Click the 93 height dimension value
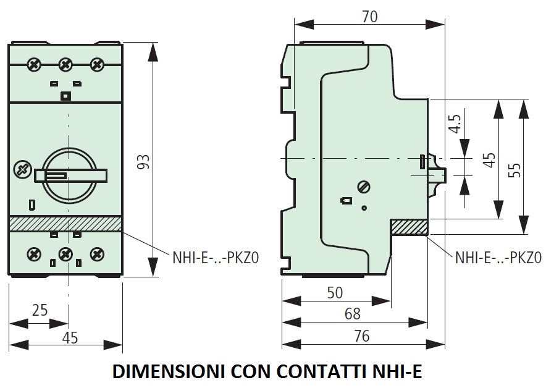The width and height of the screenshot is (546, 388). [143, 162]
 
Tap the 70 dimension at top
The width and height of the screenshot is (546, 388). [369, 17]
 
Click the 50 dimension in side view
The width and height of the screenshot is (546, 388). [334, 293]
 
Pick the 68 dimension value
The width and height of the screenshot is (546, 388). [352, 314]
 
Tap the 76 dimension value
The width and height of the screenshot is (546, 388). [362, 336]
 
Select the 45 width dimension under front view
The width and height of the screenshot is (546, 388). [70, 337]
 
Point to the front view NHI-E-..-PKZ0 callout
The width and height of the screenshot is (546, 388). [215, 258]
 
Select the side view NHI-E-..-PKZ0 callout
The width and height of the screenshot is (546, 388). [498, 258]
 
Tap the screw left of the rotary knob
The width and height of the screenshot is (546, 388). [22, 169]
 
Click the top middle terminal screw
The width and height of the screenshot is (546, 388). [65, 64]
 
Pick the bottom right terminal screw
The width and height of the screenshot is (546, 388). [96, 253]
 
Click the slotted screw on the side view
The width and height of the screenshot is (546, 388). [363, 187]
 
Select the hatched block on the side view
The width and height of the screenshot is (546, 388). [409, 227]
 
